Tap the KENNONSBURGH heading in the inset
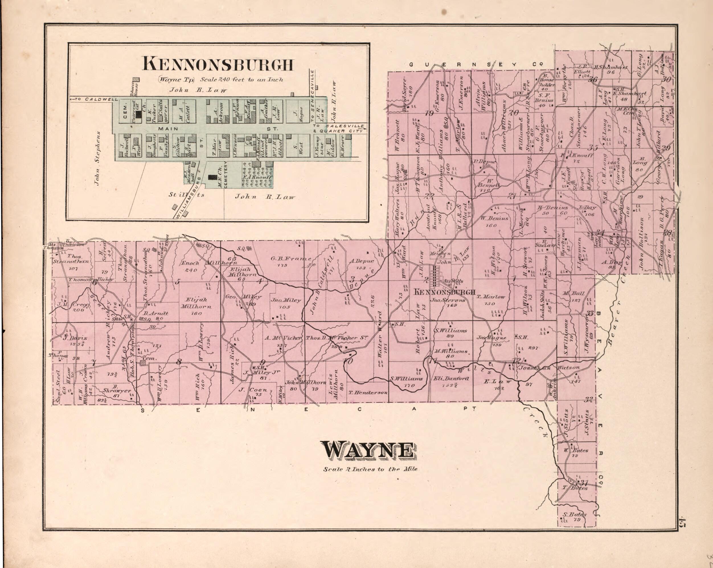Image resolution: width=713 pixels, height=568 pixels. [218, 64]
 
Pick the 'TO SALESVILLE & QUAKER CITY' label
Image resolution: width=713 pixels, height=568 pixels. [339, 129]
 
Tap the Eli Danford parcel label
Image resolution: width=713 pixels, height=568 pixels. [450, 381]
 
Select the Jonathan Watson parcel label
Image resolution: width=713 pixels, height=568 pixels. [549, 368]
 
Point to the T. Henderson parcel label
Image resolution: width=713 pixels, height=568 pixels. [367, 392]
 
